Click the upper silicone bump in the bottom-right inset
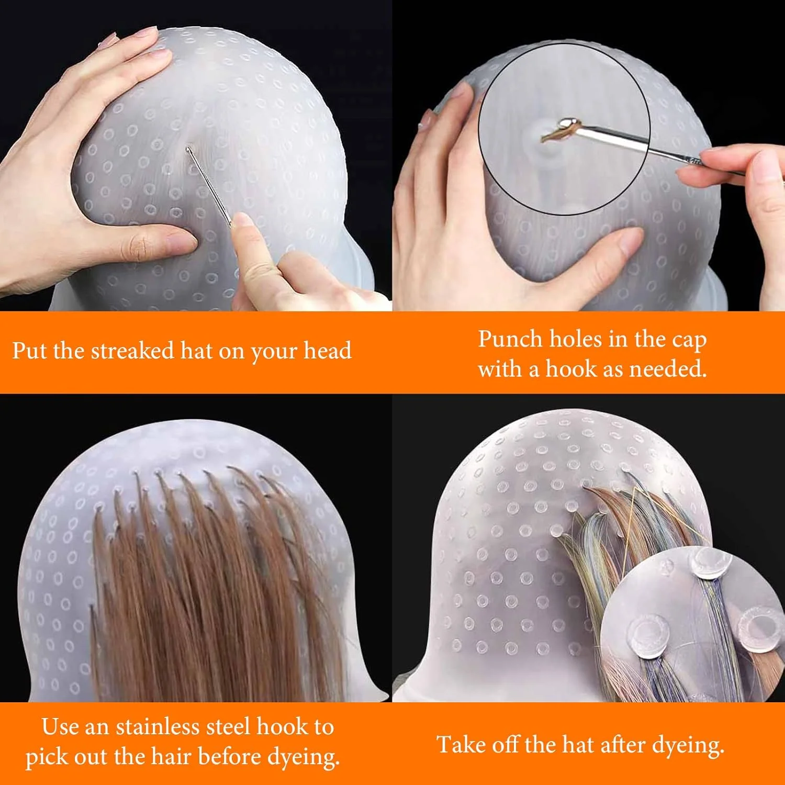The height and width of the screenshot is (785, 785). tap(709, 563)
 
